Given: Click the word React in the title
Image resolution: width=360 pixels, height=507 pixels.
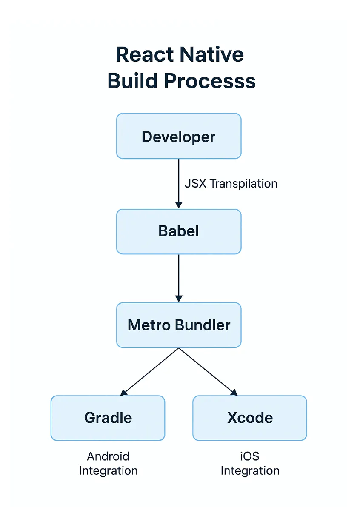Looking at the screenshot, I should click(x=144, y=55).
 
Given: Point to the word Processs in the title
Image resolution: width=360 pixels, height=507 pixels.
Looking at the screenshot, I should click(x=210, y=81).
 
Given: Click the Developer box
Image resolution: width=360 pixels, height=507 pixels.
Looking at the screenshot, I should click(x=179, y=137).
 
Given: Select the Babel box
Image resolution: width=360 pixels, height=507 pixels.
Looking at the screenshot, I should click(x=179, y=231).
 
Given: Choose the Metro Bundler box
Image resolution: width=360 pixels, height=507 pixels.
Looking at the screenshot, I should click(x=179, y=325).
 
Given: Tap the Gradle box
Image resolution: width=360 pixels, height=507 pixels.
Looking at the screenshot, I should click(x=108, y=418).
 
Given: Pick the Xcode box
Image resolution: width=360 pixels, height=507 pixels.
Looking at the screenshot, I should click(x=250, y=418).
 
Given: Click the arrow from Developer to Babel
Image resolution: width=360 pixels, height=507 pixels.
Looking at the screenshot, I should click(x=179, y=183).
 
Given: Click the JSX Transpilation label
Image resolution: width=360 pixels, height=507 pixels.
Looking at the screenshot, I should click(x=231, y=184).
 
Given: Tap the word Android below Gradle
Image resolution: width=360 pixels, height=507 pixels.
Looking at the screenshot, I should click(x=108, y=456).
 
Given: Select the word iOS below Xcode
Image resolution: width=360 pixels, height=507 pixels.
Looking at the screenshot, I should click(x=250, y=456).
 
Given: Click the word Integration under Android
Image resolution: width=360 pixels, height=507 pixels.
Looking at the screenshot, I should click(x=108, y=471).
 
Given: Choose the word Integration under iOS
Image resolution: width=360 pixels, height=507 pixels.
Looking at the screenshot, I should click(x=250, y=471).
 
